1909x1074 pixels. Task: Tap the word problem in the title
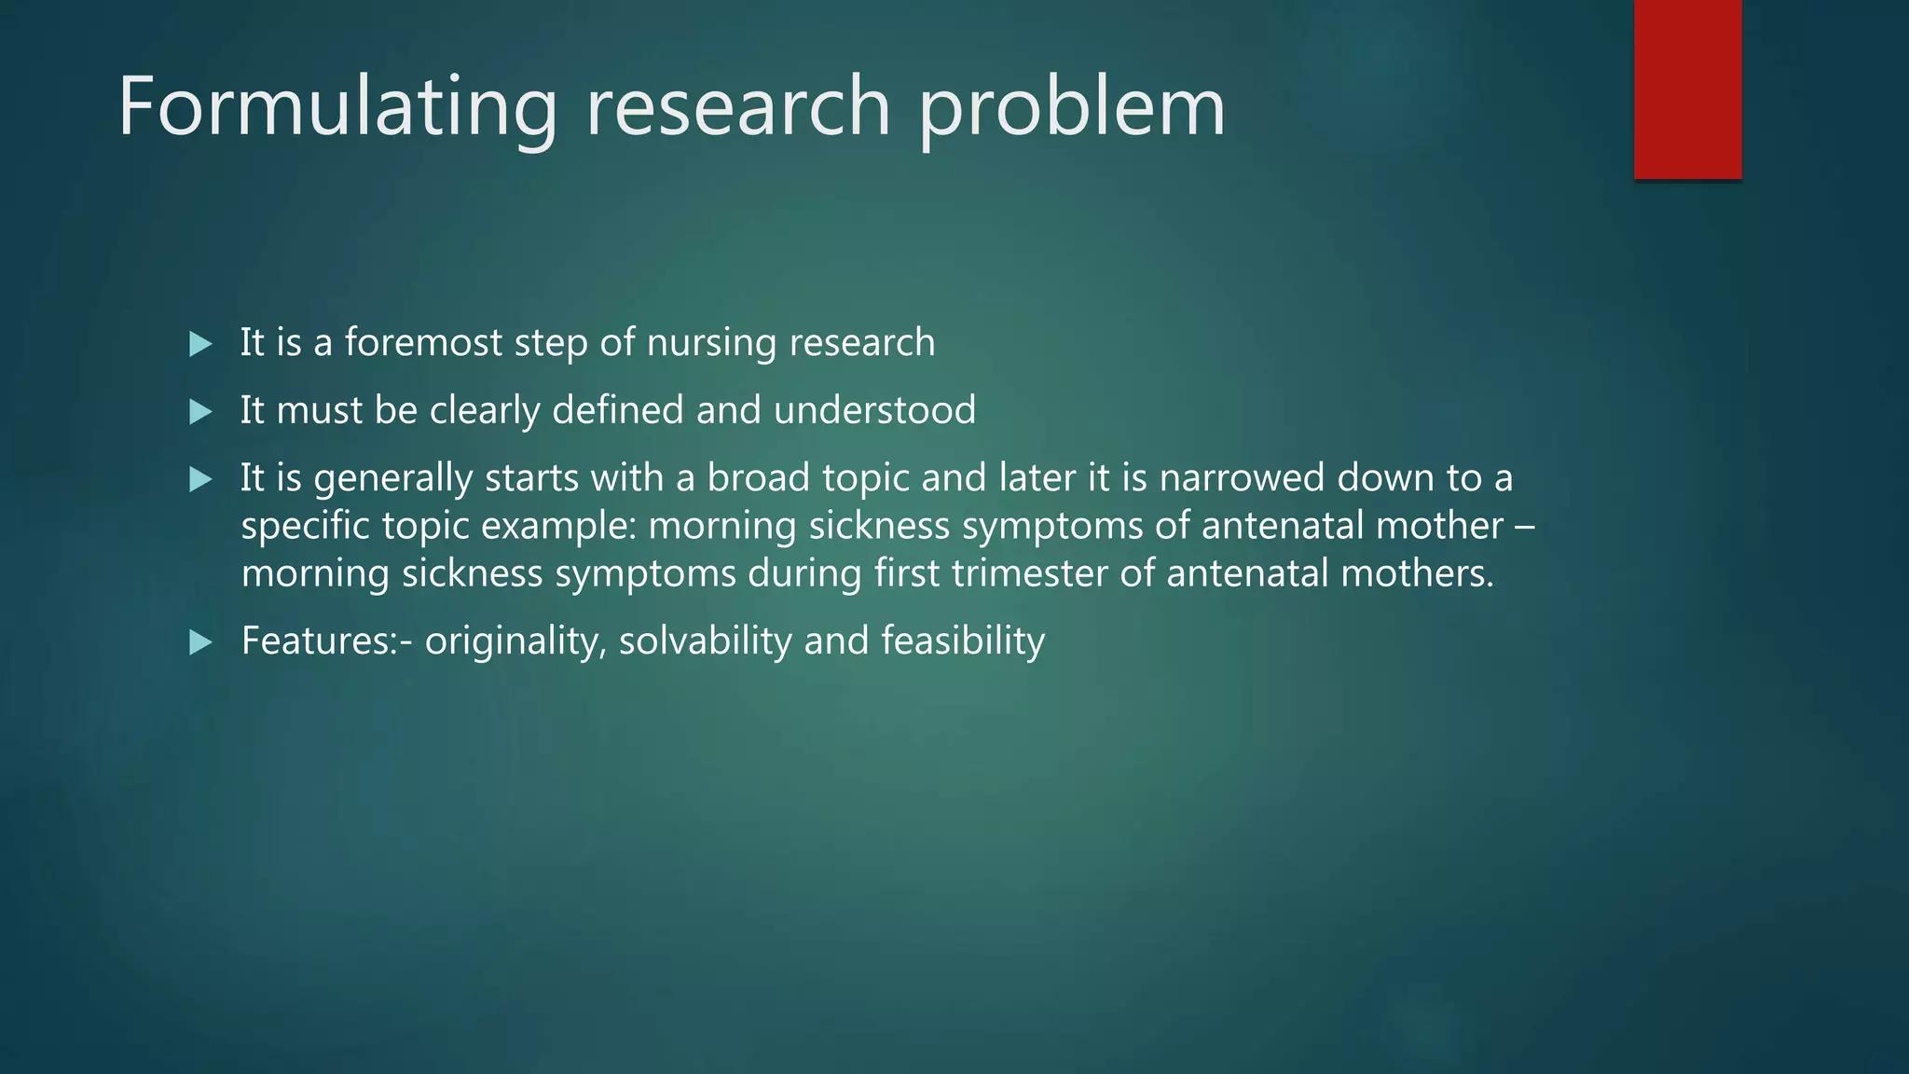click(x=1072, y=107)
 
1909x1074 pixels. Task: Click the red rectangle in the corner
click(x=1687, y=89)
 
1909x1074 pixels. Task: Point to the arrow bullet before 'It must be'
click(x=200, y=411)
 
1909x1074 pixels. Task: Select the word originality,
click(x=515, y=641)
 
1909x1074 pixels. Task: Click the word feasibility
click(x=963, y=641)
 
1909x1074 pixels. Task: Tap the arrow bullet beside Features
click(x=200, y=641)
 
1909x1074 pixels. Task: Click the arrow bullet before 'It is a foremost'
click(x=200, y=344)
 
